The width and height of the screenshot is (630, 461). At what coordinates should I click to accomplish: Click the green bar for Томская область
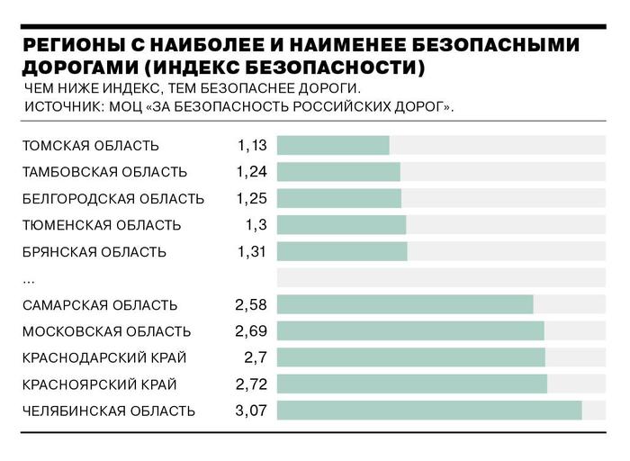pos(333,145)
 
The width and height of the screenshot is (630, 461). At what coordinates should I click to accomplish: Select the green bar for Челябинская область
pos(429,411)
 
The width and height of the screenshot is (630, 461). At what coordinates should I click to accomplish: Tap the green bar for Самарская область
pos(405,304)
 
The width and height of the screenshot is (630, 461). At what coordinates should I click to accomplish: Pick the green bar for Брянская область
pos(342,251)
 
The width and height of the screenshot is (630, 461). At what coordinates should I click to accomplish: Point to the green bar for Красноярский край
pos(412,384)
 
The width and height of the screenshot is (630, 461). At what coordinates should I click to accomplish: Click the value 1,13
pos(253,145)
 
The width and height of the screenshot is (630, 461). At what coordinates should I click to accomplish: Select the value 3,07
pos(252,411)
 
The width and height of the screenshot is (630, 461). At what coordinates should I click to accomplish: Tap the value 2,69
pos(252,331)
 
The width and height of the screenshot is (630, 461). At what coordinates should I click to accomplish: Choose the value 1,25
pos(253,198)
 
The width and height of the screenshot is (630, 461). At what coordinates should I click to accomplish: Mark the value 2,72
pos(252,384)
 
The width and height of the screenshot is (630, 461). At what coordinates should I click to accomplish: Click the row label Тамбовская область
pos(104,172)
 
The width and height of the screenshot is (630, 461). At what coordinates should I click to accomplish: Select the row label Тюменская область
pos(101,225)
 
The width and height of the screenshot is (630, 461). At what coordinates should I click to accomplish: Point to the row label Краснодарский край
pos(103,358)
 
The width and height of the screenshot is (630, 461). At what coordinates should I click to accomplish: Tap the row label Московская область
pos(106,331)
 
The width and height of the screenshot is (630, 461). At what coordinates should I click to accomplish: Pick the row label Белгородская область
pos(113,198)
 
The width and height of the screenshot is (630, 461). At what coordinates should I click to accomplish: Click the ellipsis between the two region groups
pos(29,280)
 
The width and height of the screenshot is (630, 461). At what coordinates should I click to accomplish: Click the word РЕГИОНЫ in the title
pos(73,46)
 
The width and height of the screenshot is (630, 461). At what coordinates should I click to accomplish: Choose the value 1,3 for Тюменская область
pos(256,225)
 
